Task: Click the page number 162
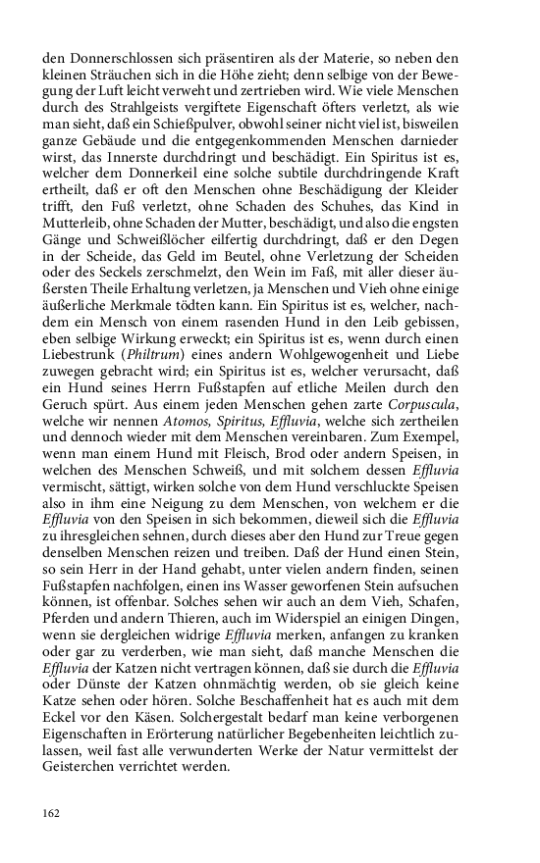(51, 812)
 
